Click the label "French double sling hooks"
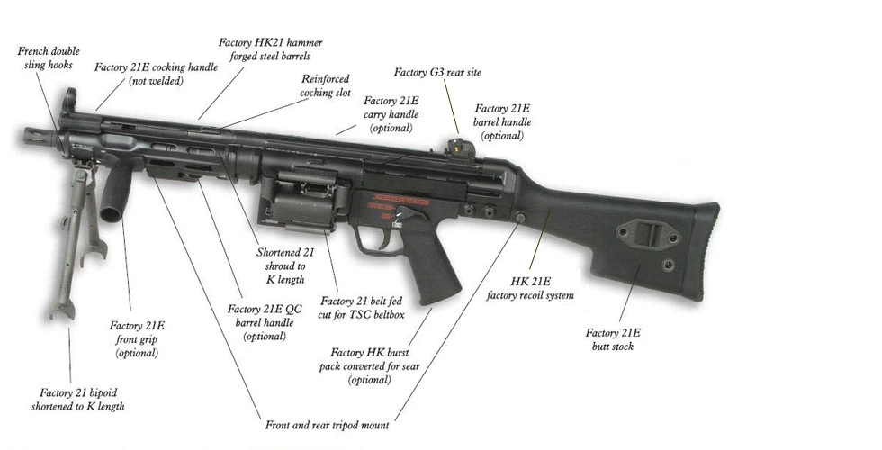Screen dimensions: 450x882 [x=48, y=58]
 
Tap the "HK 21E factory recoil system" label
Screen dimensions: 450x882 [x=543, y=287]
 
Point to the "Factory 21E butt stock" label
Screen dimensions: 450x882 [x=613, y=339]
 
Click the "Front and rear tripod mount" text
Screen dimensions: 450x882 [x=327, y=424]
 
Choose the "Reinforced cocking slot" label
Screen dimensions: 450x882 [x=326, y=85]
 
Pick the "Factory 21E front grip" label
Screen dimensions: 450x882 [x=137, y=338]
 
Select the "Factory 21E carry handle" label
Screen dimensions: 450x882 [x=391, y=113]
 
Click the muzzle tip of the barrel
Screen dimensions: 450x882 [x=27, y=135]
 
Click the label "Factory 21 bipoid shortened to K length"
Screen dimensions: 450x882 [x=82, y=400]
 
